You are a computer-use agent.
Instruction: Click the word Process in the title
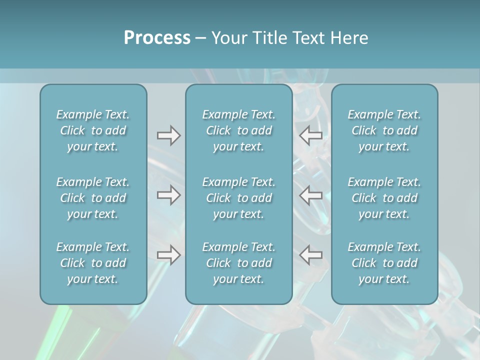pyautogui.click(x=157, y=38)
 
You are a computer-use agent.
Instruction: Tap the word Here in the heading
pyautogui.click(x=349, y=38)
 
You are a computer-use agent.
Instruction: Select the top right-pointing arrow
pyautogui.click(x=168, y=135)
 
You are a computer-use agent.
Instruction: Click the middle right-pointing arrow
pyautogui.click(x=168, y=195)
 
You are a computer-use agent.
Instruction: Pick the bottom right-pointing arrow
pyautogui.click(x=168, y=255)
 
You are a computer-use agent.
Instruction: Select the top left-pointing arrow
pyautogui.click(x=311, y=135)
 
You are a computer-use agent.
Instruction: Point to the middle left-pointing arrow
pyautogui.click(x=311, y=195)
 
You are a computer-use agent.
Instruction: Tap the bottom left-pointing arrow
pyautogui.click(x=311, y=255)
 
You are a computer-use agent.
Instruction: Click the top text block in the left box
pyautogui.click(x=93, y=130)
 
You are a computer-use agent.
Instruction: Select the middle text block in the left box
pyautogui.click(x=93, y=198)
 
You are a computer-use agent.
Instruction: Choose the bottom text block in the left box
pyautogui.click(x=93, y=263)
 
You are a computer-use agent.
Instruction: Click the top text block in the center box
pyautogui.click(x=238, y=130)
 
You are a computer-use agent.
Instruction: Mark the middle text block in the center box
pyautogui.click(x=238, y=198)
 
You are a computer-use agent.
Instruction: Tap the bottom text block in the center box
pyautogui.click(x=238, y=263)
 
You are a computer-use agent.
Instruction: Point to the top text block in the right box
pyautogui.click(x=384, y=130)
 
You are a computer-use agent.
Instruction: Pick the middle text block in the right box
pyautogui.click(x=384, y=198)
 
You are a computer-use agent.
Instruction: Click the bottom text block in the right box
pyautogui.click(x=384, y=263)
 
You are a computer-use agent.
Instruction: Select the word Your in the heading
pyautogui.click(x=229, y=38)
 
